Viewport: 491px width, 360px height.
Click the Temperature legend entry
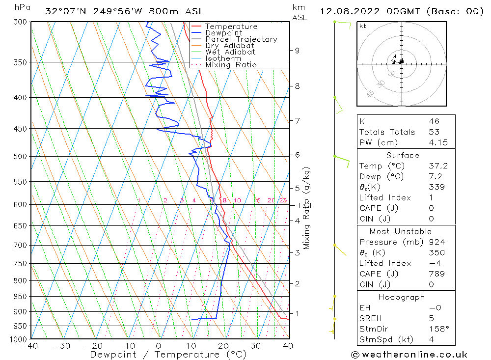click(231, 27)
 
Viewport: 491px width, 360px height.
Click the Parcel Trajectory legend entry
click(241, 39)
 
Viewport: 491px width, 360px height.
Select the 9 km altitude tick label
click(297, 50)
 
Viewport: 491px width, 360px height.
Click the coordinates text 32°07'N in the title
click(63, 11)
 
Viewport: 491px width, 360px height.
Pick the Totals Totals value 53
click(434, 132)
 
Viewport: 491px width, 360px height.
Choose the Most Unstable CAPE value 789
click(436, 274)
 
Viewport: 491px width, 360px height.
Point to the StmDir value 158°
click(437, 329)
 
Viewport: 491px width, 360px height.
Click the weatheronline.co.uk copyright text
click(409, 355)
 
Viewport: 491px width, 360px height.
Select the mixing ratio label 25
click(283, 200)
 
